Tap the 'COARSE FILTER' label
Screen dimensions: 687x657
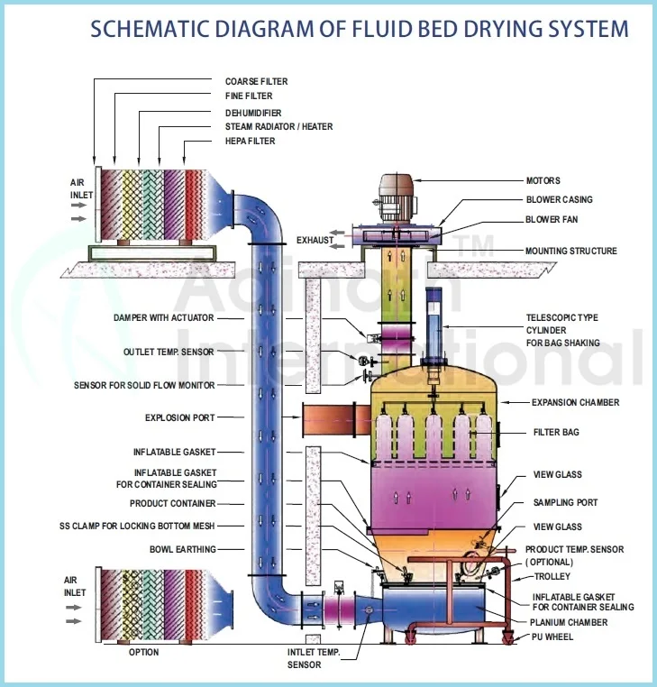(256, 82)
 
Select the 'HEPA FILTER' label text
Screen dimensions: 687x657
(251, 142)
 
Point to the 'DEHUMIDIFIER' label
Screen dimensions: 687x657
(253, 112)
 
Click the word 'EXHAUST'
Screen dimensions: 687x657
(315, 240)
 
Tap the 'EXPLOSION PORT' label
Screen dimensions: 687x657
(180, 417)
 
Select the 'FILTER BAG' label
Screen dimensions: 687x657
(556, 433)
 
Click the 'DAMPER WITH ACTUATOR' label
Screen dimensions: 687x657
(165, 318)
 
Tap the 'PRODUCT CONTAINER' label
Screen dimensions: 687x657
(173, 504)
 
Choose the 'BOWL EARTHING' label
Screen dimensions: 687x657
(183, 548)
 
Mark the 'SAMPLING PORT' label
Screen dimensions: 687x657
(565, 502)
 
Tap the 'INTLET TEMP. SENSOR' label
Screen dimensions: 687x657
(315, 659)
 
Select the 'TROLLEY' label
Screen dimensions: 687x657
(551, 576)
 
